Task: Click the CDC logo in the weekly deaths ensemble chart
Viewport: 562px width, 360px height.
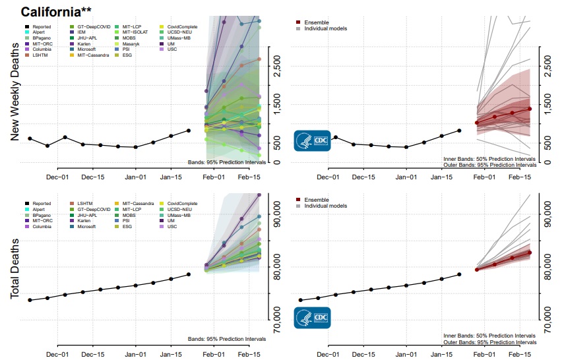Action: coord(312,140)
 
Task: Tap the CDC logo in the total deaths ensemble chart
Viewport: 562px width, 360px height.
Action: coord(312,318)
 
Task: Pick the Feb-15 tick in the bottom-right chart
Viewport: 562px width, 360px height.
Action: coord(523,353)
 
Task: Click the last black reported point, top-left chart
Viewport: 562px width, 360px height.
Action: coord(189,131)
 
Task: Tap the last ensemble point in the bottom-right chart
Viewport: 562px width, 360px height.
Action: coord(530,253)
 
